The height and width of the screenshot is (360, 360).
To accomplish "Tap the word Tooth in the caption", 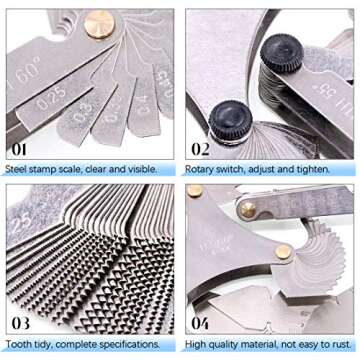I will (x=19, y=345).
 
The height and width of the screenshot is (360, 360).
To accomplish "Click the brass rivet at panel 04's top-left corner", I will (x=194, y=190).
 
